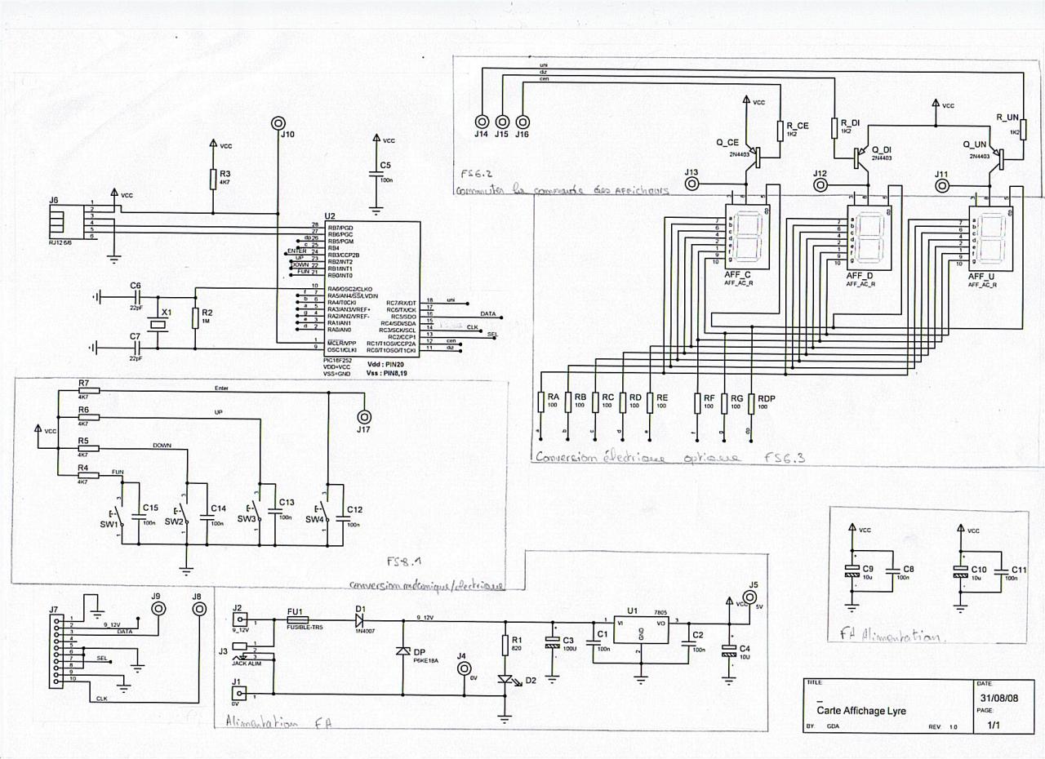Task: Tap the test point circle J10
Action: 278,123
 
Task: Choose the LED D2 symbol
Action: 505,679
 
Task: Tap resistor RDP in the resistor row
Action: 752,403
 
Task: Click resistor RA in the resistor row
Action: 541,402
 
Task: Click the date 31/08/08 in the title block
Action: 1000,700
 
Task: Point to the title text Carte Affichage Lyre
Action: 849,711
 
